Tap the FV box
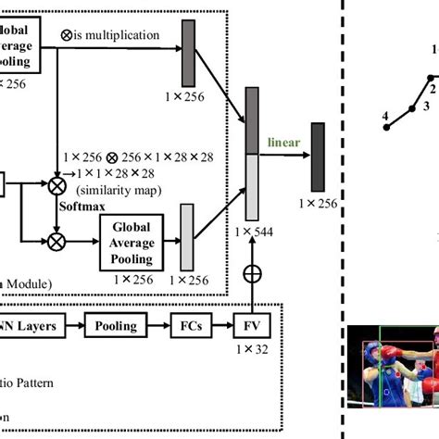[x=251, y=326]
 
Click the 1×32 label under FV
[x=251, y=350]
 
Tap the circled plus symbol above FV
[x=251, y=274]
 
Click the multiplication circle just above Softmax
[x=57, y=186]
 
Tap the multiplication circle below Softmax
[x=57, y=243]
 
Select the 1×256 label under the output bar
[x=318, y=201]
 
